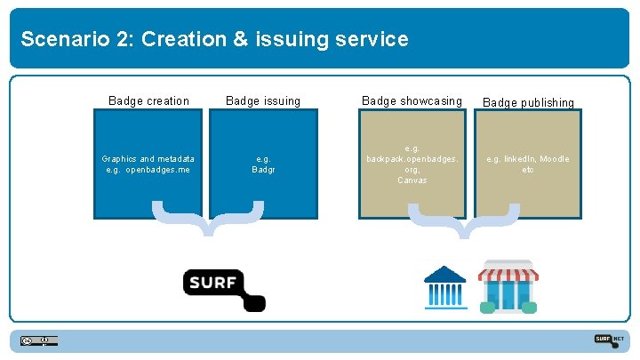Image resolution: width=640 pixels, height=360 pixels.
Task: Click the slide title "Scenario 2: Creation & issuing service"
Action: [214, 39]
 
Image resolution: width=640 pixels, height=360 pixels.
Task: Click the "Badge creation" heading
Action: [148, 101]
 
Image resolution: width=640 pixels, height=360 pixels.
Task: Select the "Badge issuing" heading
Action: [263, 101]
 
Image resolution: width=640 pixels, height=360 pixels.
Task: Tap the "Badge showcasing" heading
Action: [412, 101]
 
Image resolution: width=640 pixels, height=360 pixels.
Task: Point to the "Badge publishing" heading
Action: [528, 103]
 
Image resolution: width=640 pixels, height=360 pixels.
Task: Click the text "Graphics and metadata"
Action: [148, 159]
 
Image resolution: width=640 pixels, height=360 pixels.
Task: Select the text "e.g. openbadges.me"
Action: [148, 170]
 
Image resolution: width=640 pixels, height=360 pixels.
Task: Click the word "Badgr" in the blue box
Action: [263, 170]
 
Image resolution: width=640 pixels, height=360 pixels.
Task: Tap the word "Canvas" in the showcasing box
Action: [412, 180]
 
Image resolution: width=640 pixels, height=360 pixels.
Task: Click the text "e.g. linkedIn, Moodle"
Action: [528, 159]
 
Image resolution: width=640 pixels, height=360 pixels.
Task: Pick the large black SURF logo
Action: [224, 287]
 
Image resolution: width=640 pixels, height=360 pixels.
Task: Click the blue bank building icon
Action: [445, 286]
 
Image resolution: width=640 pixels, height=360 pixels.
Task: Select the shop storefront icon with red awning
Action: [508, 286]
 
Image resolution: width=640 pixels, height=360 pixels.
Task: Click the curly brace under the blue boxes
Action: [208, 219]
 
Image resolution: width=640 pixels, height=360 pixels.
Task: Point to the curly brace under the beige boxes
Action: [463, 220]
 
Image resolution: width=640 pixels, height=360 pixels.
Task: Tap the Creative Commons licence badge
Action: [39, 340]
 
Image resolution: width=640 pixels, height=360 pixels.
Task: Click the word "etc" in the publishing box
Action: [528, 170]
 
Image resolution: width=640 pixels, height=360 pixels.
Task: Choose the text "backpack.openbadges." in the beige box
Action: [412, 159]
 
